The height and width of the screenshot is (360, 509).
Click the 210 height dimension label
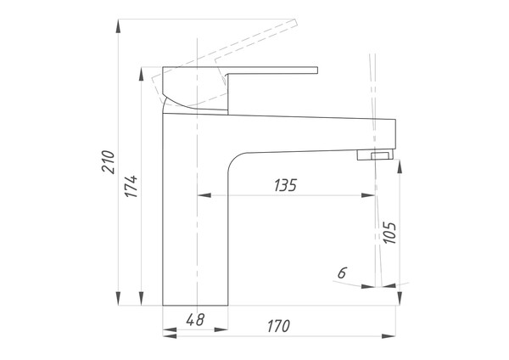coord(108,162)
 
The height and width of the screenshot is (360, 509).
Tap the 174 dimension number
coord(131,186)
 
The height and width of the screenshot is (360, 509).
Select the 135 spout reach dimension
coord(286,186)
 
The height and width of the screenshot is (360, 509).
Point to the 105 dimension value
coord(389,233)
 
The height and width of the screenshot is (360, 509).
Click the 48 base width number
coord(195,320)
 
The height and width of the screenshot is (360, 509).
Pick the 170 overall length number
coord(278,326)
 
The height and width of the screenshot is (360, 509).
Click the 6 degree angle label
coord(343,273)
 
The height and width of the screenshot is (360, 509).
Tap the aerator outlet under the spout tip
coord(375,155)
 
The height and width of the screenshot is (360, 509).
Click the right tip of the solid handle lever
coord(317,70)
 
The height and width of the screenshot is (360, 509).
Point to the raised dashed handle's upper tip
coord(296,22)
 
